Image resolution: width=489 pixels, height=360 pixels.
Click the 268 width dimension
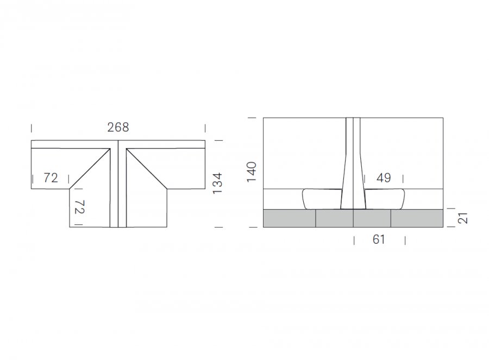tap(118, 127)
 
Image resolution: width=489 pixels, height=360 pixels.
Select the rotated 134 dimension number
tap(217, 184)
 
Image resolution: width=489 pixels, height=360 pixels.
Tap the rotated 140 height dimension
tap(252, 172)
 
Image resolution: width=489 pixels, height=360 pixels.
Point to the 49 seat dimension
tap(384, 178)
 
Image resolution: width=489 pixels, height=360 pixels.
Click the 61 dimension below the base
tap(379, 239)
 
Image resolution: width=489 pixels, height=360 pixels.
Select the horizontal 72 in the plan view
tap(51, 178)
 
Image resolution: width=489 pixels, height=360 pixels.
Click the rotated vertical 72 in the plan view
tap(80, 207)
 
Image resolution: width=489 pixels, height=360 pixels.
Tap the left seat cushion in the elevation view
tap(322, 199)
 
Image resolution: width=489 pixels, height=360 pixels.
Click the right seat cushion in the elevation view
tap(385, 199)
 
